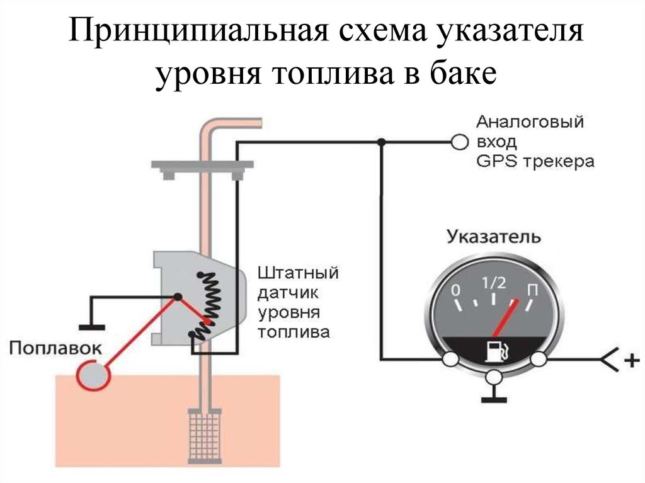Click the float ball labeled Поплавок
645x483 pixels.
tap(93, 376)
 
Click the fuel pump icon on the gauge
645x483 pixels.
tap(494, 351)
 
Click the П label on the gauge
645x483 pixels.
tap(532, 292)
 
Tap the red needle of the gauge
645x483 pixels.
tap(508, 317)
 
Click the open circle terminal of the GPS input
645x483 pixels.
tap(460, 142)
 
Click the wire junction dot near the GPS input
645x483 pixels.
tap(380, 142)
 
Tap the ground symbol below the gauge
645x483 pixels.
tap(494, 398)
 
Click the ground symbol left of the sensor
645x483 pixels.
tap(92, 326)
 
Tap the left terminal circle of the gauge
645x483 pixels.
tap(450, 360)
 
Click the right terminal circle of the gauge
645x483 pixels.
tap(539, 360)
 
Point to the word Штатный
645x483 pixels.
tap(298, 274)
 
